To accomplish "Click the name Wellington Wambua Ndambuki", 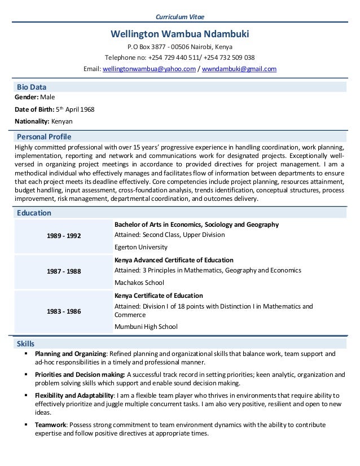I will pos(179,34).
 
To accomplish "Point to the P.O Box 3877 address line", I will pos(179,46).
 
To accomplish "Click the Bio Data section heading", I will pos(32,87).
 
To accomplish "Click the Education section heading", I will pos(34,213).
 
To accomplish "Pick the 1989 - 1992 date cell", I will pos(63,235).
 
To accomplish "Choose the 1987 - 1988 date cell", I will pos(63,271).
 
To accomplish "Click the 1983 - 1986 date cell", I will pos(63,310).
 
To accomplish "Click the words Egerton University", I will pos(141,247).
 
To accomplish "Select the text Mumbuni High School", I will pos(146,326).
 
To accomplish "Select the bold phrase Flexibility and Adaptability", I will pos(75,395).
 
